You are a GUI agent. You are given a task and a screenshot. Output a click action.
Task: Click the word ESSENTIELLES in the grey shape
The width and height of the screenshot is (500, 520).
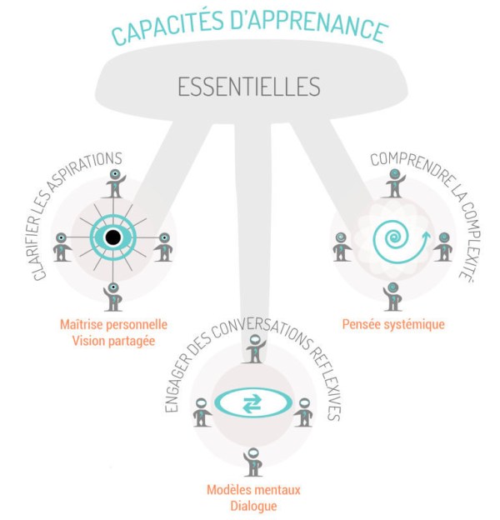pyautogui.click(x=248, y=87)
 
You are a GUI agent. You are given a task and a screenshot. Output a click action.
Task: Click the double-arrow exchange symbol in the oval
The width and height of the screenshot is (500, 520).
pyautogui.click(x=251, y=404)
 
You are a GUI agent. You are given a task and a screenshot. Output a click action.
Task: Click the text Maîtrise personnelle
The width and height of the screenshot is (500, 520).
pyautogui.click(x=114, y=323)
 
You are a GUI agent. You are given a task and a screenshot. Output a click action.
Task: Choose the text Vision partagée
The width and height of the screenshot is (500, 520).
pyautogui.click(x=114, y=340)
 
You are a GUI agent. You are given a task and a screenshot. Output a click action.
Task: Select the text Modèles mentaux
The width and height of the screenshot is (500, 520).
pyautogui.click(x=253, y=489)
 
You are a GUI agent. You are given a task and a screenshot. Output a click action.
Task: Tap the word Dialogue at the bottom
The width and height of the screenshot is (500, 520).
pyautogui.click(x=253, y=505)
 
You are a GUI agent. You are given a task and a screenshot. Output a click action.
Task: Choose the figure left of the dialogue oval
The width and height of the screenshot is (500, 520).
pyautogui.click(x=201, y=412)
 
